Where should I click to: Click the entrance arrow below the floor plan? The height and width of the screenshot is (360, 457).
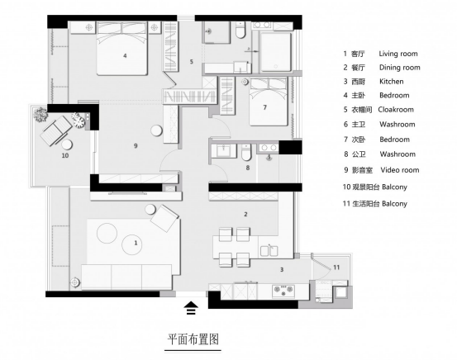pos(191,308)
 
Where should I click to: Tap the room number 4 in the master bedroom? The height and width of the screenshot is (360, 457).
pos(125,55)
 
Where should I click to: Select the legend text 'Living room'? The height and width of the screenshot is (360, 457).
pos(398,54)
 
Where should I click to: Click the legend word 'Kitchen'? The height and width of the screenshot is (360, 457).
pos(392,81)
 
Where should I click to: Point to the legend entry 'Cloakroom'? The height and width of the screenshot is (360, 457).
pos(396,110)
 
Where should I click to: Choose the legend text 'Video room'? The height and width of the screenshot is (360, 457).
pos(400,170)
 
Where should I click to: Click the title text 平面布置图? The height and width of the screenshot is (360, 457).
pos(193,339)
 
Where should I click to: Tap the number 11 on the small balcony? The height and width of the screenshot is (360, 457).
pos(336,267)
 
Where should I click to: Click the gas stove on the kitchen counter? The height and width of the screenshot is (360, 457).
pos(283,290)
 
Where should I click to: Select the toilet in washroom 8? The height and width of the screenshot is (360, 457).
pos(246,152)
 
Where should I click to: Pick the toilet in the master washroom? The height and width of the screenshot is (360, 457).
pos(240,31)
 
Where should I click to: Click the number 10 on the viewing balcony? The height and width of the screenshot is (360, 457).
pos(65,155)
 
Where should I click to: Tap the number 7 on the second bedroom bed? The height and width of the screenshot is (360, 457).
pos(264,107)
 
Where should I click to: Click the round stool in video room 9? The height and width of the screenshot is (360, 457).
pos(156,130)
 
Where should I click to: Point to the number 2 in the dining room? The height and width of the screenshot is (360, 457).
pos(245,214)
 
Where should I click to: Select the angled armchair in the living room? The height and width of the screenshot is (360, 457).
pos(164,218)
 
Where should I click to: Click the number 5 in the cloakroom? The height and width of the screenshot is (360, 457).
pos(191,62)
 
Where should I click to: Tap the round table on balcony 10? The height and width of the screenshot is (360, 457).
pos(67,144)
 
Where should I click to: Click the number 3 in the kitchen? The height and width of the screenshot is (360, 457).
pos(282,270)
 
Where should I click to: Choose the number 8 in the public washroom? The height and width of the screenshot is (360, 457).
pos(247,168)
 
